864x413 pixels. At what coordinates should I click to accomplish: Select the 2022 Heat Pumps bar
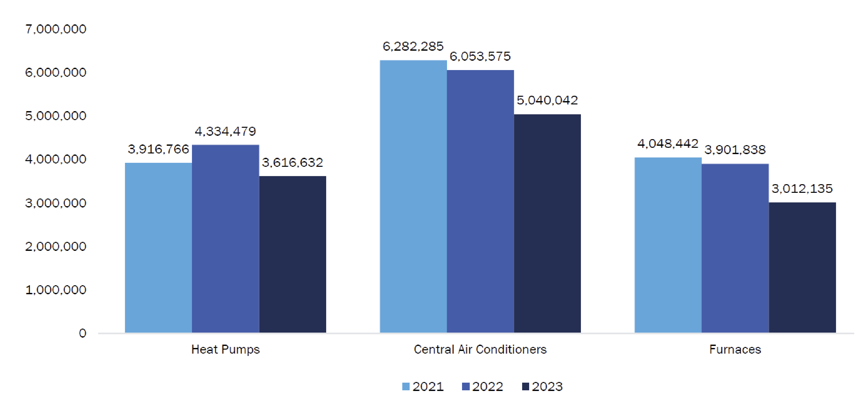(225, 238)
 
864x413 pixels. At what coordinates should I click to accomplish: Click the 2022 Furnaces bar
(735, 248)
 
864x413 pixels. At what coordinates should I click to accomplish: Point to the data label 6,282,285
(413, 47)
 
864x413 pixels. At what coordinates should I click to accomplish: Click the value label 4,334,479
(225, 131)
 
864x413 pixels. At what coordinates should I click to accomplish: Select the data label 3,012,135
(802, 189)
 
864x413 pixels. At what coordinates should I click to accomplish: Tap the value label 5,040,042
(547, 100)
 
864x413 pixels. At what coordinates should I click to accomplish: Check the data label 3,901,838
(735, 150)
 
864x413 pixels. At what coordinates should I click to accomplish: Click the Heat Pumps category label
(225, 350)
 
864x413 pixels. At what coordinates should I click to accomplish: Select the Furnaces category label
(735, 350)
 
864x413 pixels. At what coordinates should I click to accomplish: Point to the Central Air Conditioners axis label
(480, 350)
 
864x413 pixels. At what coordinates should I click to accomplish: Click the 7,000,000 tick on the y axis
(56, 29)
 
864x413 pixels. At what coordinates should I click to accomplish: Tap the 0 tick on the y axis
(82, 333)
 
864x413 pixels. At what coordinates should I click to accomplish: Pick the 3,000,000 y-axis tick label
(56, 203)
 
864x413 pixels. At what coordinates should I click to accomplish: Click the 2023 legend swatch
(525, 387)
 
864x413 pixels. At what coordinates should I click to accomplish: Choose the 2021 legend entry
(423, 387)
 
